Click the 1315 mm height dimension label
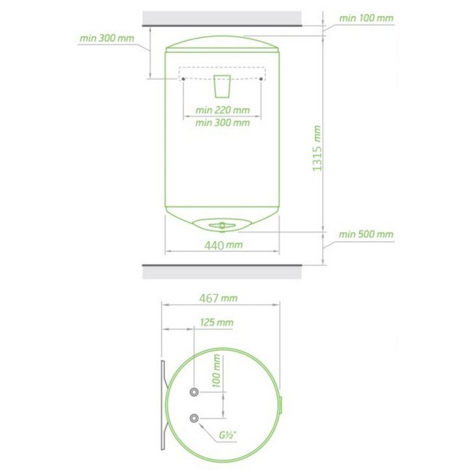[317, 149]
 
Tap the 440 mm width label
[224, 245]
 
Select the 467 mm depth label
[219, 298]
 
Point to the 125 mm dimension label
[216, 322]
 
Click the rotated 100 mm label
[216, 370]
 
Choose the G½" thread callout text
[227, 435]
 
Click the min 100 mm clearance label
[366, 18]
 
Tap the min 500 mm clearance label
[366, 235]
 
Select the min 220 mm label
[222, 110]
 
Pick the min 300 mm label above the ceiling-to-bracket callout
[107, 38]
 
